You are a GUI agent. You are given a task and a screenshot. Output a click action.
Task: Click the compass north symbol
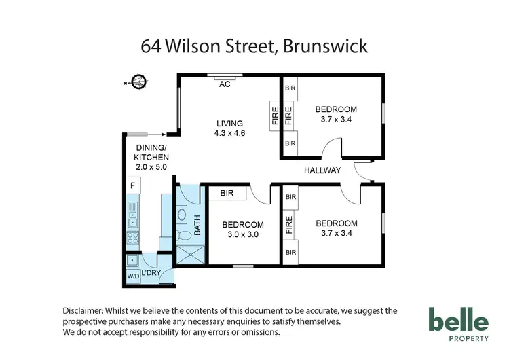coord(138,82)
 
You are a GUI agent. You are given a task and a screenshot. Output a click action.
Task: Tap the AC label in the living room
coord(225,84)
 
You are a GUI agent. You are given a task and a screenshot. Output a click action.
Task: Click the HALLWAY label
coord(322,170)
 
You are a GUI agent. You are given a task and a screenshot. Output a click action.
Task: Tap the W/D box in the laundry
coord(132,276)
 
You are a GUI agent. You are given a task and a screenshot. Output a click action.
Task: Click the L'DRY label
coord(150,273)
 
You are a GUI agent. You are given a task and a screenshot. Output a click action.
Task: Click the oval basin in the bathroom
coord(183,215)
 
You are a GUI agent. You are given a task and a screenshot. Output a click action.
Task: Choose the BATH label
coord(198,226)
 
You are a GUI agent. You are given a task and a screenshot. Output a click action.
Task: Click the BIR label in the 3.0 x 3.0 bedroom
coord(227,194)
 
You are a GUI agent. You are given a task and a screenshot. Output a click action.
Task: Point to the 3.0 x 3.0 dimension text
coord(242,235)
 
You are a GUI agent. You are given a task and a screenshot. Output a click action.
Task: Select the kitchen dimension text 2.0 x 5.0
coord(151,166)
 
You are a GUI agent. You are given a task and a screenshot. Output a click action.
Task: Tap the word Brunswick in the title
coord(329,46)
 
